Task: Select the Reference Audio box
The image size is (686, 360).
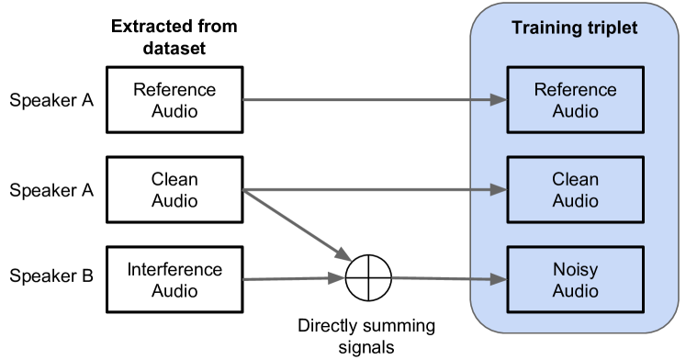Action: pos(575,99)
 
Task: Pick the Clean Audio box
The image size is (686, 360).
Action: pos(575,189)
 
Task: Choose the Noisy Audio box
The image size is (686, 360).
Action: pos(575,279)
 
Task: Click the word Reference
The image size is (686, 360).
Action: pos(575,90)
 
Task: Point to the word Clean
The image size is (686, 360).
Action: pos(575,180)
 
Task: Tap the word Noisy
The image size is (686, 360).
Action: pos(575,270)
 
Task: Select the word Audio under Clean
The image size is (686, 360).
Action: pos(575,200)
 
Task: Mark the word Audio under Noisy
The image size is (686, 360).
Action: pos(575,290)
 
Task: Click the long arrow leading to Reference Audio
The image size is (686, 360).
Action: pos(367,99)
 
